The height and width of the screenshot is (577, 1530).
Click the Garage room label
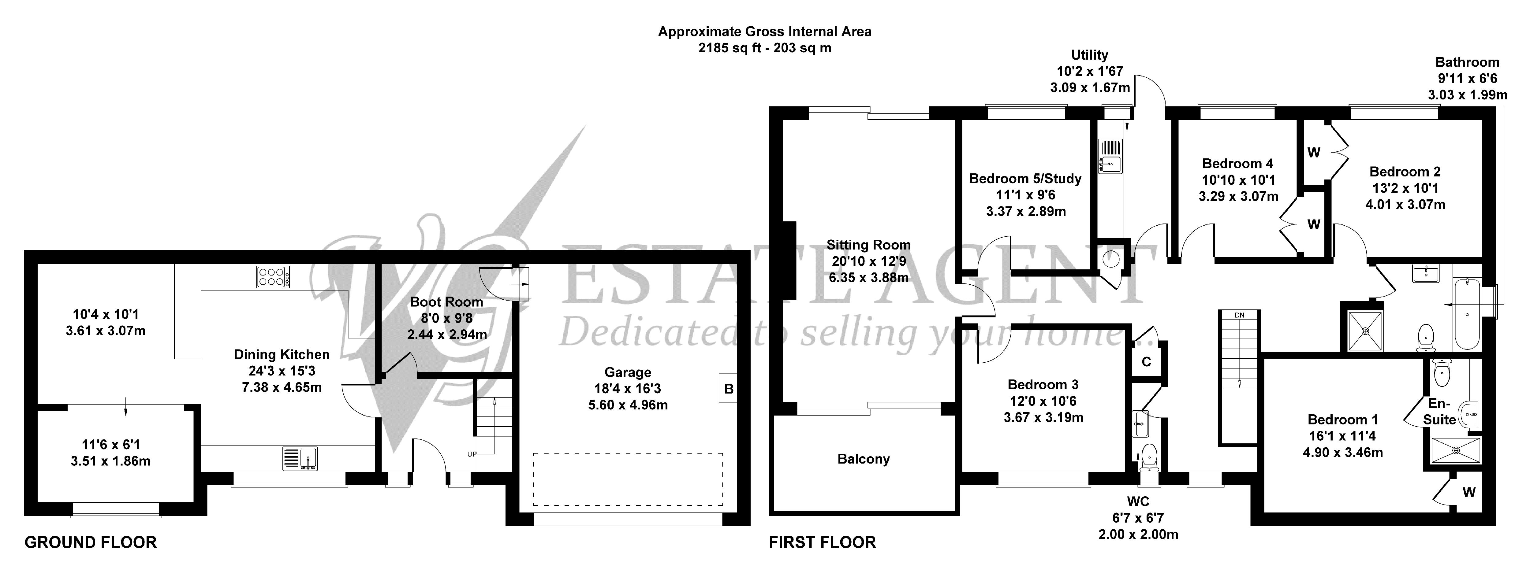point(628,372)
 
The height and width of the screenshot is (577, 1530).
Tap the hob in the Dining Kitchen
point(273,277)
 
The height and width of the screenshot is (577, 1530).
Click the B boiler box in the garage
point(729,389)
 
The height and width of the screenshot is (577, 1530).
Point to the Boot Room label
point(447,301)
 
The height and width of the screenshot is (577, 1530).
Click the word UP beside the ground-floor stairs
point(472,454)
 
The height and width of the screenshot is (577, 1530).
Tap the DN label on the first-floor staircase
point(1240,315)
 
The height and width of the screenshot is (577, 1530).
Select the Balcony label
point(864,459)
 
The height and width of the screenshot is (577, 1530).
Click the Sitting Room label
point(868,245)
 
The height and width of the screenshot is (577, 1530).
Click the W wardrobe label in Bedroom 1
point(1469,492)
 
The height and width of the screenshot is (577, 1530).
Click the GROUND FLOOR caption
point(90,542)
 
